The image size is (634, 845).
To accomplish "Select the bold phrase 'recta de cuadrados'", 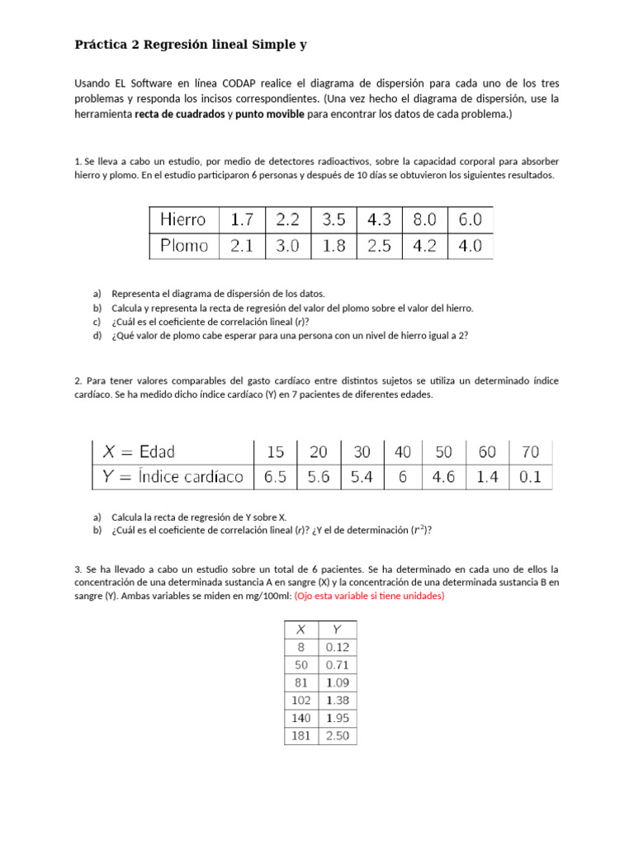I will [x=179, y=115].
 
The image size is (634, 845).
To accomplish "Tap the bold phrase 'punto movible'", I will [x=269, y=115].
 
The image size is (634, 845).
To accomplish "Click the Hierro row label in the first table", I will [x=183, y=220].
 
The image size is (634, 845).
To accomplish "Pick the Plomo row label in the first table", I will [x=185, y=246].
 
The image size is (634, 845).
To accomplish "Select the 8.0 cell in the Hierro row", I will [x=424, y=220].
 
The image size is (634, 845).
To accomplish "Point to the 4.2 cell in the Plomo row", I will [x=424, y=246].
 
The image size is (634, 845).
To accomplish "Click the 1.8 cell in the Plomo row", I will [x=334, y=246].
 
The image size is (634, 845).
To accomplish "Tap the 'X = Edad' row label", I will [x=139, y=451].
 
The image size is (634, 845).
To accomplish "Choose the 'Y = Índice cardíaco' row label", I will [x=173, y=476].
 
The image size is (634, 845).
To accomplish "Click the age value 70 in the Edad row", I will [x=530, y=451].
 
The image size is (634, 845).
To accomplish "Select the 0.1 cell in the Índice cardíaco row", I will [x=530, y=476].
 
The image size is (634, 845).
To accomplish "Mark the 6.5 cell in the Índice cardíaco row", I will [x=275, y=476].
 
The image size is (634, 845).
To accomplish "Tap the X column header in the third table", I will [x=300, y=628].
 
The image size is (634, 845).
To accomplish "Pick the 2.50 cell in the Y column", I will [x=337, y=735].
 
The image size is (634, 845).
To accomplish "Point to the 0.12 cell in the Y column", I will [x=337, y=646].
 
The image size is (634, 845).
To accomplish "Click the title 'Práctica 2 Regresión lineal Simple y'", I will [x=191, y=45].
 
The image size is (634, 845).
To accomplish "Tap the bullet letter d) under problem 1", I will [x=97, y=336].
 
